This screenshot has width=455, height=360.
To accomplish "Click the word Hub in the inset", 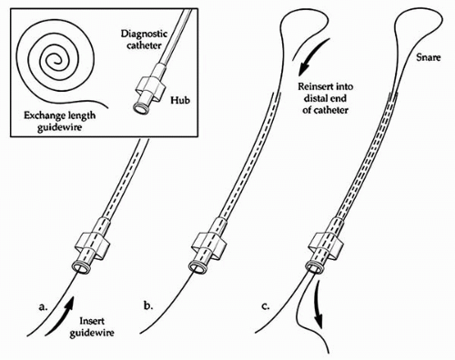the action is coord(180,100).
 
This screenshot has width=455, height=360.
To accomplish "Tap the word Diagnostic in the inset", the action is coord(144,34).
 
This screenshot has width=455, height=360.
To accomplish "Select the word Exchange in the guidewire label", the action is coord(45,115).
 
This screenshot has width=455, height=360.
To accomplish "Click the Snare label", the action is coord(428,57).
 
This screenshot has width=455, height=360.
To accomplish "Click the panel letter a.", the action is coord(44,306).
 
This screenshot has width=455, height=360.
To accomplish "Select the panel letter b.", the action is coord(147,305).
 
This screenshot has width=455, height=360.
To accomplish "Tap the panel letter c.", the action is coord(266,306).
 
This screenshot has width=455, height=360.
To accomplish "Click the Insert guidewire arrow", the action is coord(61,315).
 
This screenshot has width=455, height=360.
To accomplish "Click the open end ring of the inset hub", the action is coord(140,109).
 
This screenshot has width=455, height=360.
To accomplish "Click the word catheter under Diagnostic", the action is coord(144,45).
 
